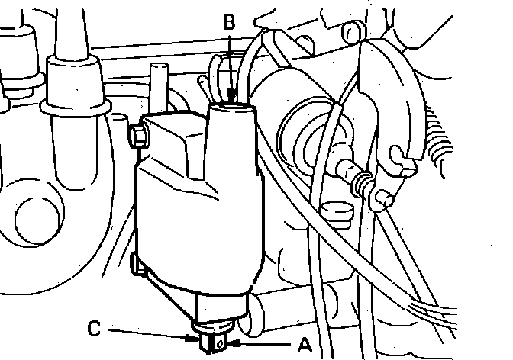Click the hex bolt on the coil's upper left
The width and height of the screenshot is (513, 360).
(139, 137)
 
